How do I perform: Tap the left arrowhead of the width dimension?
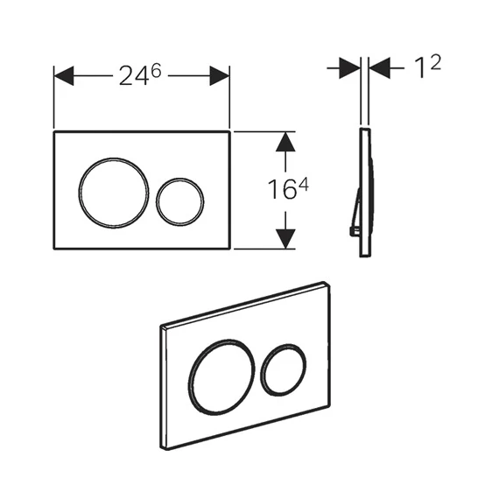(64, 76)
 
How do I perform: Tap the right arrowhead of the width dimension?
(219, 76)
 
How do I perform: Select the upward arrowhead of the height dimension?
(285, 142)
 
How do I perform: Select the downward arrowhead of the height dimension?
(285, 239)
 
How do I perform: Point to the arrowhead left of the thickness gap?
(350, 67)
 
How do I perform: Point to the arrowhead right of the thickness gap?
(379, 67)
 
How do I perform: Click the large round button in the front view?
(113, 193)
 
